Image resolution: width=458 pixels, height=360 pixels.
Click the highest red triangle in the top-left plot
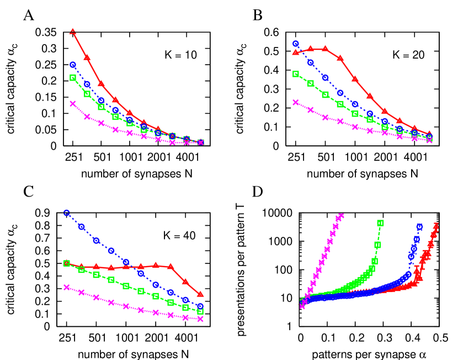[x=73, y=31]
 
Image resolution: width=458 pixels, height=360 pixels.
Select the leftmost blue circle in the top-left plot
[x=73, y=65]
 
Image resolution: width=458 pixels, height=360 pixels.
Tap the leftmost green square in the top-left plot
[x=73, y=78]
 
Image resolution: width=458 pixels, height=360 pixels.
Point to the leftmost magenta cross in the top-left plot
[x=73, y=103]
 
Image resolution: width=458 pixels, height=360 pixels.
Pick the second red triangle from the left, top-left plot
[x=87, y=57]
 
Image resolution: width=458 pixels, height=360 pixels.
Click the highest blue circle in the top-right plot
[x=296, y=44]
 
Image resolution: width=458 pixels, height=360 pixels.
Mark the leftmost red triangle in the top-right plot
[x=296, y=52]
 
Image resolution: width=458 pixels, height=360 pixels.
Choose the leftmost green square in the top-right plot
[x=296, y=74]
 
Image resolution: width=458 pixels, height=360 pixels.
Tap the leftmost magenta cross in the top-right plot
[x=296, y=102]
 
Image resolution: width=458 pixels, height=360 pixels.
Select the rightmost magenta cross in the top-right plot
[x=429, y=140]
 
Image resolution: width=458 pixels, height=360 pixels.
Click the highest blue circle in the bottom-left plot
[x=67, y=213]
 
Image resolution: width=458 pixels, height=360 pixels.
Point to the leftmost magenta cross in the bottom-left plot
[x=67, y=287]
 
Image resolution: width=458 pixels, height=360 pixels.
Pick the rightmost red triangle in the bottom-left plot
[x=200, y=294]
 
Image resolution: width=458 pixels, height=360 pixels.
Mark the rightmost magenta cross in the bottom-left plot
[x=200, y=319]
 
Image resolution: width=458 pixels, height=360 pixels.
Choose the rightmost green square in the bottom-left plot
[x=200, y=311]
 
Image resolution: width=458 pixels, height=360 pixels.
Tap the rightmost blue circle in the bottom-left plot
[x=200, y=305]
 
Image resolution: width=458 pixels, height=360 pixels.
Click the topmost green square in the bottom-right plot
[x=380, y=223]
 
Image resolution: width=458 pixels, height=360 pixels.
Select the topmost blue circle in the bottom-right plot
[x=419, y=226]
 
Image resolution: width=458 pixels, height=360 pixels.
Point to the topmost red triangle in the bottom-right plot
[x=436, y=225]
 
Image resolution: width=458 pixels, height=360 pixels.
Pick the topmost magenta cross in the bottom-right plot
[x=341, y=215]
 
